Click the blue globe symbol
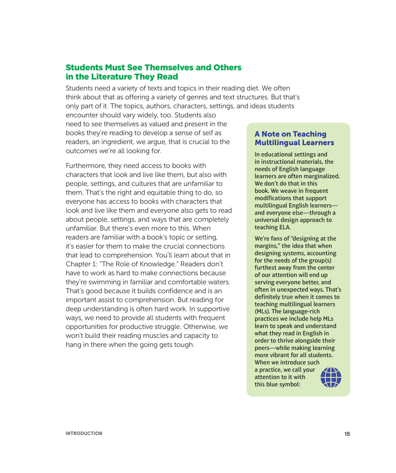pos(331,377)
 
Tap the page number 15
pos(347,434)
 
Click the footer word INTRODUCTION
pos(84,433)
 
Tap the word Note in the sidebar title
pos(271,134)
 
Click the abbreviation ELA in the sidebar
pos(285,227)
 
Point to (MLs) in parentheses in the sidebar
pos(262,311)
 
